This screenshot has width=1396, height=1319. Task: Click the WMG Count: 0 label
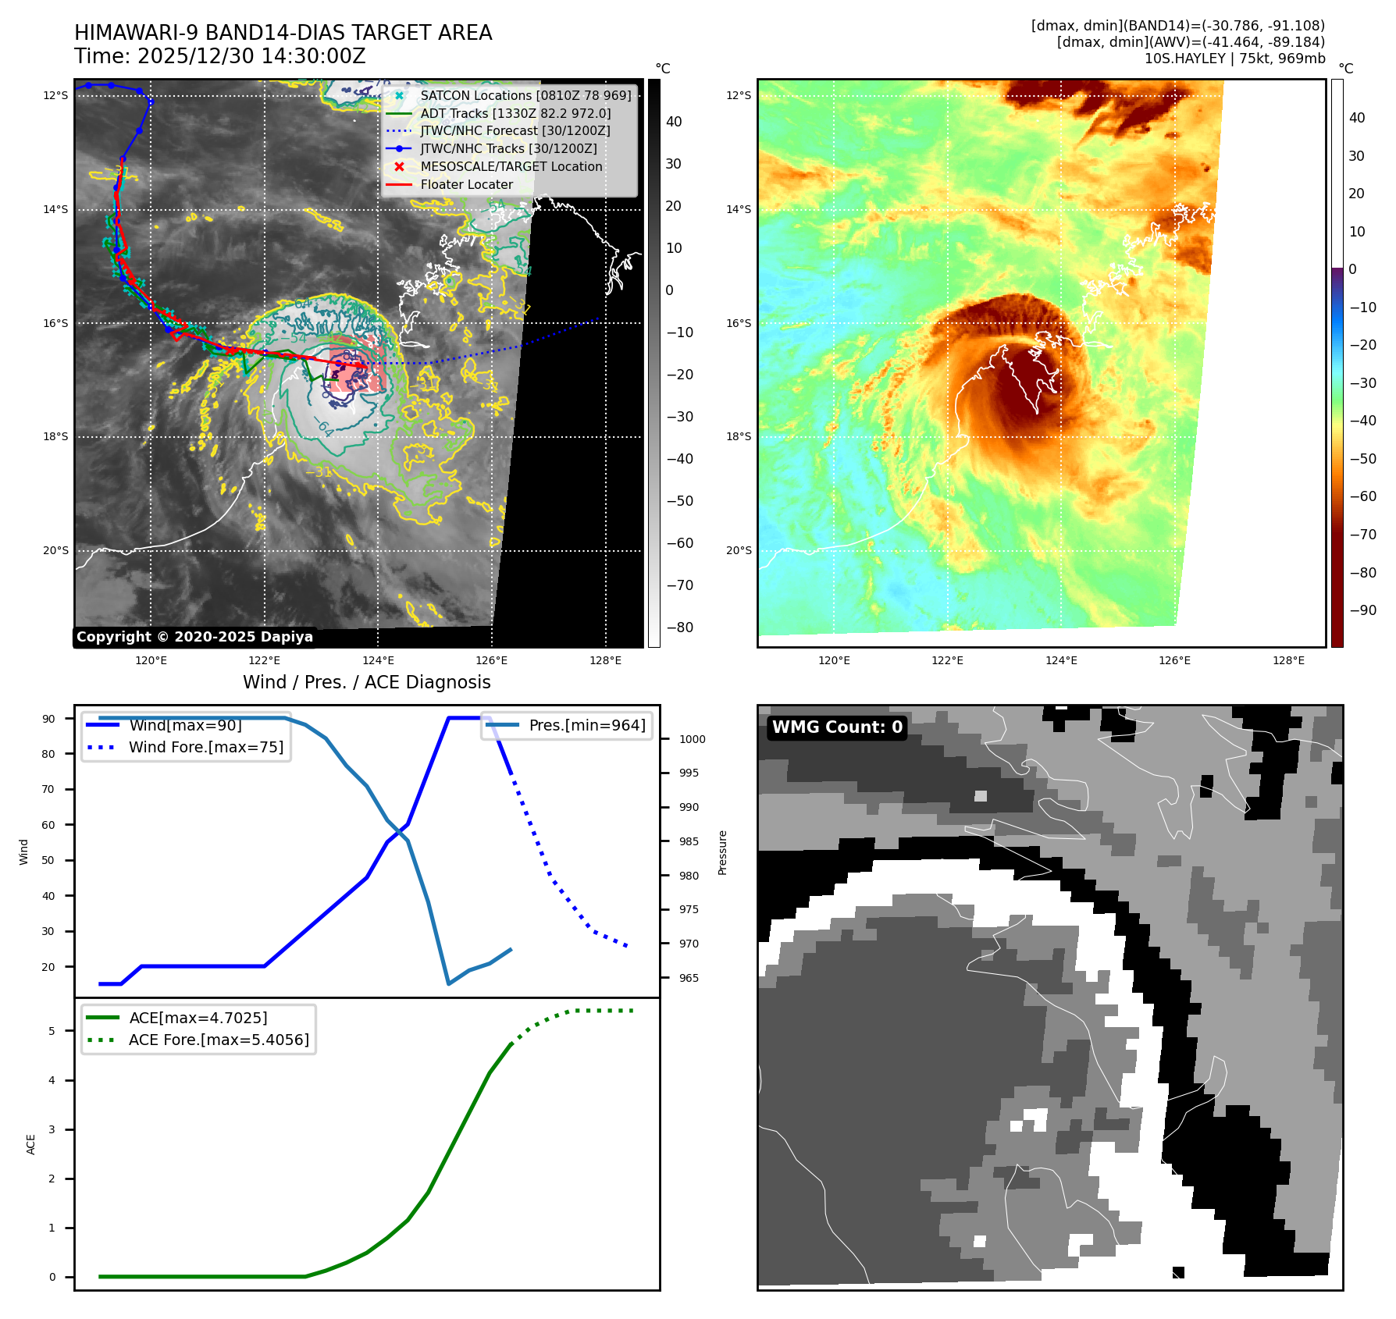(837, 727)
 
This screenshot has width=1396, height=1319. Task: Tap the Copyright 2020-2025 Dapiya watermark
(194, 637)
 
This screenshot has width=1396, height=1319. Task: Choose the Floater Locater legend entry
(466, 184)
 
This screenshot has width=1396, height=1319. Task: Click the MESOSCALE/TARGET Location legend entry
(511, 166)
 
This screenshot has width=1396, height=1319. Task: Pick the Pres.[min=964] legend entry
(586, 725)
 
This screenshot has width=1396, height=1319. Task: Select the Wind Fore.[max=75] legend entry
(205, 747)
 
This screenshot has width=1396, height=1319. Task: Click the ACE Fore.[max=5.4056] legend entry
(219, 1040)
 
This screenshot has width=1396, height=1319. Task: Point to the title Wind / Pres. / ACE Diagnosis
(367, 682)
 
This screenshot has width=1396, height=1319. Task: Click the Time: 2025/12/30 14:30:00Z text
(220, 56)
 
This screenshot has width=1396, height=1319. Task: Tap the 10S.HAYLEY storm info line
(1234, 59)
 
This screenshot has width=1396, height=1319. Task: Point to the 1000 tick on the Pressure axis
(692, 739)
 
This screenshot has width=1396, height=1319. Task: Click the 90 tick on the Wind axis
(49, 719)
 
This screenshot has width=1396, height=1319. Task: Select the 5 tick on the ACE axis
(52, 1031)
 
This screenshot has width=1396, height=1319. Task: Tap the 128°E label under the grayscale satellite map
(605, 660)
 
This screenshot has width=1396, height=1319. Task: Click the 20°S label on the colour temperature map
(739, 550)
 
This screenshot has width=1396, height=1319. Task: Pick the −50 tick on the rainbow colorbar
(1362, 458)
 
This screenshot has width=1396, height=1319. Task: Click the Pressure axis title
(723, 852)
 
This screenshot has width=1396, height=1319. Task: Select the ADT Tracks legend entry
(515, 113)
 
